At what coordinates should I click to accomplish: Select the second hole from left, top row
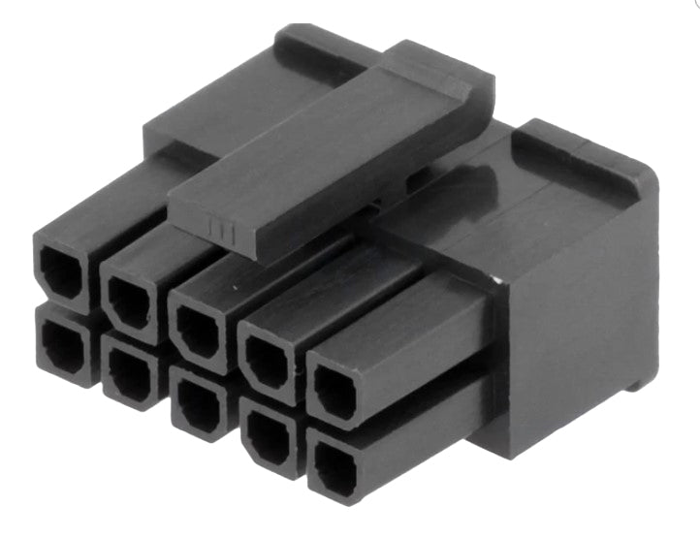[x=128, y=301]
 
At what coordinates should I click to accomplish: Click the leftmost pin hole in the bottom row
[x=62, y=344]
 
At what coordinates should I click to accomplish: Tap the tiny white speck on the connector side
[x=495, y=281]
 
